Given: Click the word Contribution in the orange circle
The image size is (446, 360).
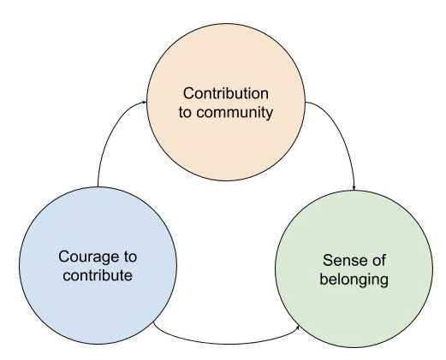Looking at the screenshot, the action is point(226,93).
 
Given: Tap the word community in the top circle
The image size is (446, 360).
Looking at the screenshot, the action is point(235,113).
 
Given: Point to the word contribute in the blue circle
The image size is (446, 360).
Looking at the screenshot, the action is point(98,275).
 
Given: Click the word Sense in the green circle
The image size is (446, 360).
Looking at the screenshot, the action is point(341,260).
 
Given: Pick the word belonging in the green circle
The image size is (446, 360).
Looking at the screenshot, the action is point(354,279).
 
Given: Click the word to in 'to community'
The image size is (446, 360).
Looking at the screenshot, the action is point(185,113).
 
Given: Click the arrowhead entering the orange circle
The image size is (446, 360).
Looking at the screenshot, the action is point(145,102).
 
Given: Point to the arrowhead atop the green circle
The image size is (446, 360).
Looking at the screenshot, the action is point(354,188).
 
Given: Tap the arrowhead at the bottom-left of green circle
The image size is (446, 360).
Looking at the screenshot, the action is point(298,328).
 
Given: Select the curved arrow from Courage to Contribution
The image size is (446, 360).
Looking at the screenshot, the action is point(109,129).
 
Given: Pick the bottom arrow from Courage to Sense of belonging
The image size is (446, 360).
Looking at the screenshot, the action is point(225,344).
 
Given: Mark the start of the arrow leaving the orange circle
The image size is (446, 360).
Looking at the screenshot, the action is point(306,102).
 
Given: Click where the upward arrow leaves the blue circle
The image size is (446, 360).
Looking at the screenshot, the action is point(98,186).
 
